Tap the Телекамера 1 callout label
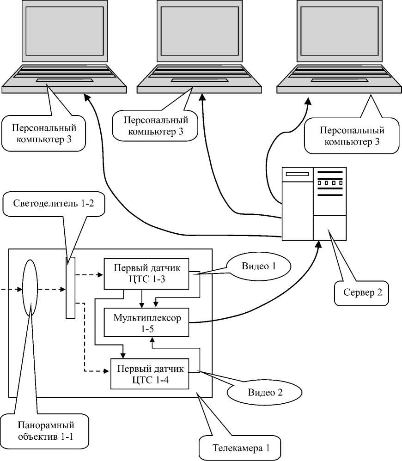pos(240,448)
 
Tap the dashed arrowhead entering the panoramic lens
pos(19,290)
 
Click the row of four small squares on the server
pos(330,183)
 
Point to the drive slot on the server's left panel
pos(297,174)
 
